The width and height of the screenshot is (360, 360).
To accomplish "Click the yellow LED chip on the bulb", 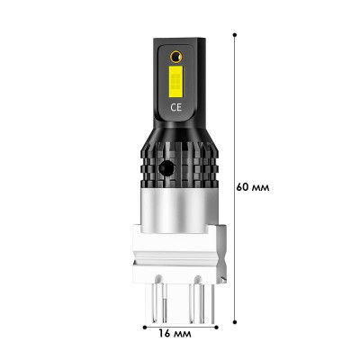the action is [175, 78].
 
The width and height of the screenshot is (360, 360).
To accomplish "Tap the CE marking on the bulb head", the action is [176, 107].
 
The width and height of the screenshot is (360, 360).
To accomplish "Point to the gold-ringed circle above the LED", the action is [176, 57].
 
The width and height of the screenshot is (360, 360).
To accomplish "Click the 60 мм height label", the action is [253, 187].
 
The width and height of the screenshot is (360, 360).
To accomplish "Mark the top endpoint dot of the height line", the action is [235, 35].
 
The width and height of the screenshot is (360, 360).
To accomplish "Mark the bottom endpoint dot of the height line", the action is [235, 322].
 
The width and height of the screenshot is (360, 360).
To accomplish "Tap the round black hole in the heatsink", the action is [166, 168].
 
